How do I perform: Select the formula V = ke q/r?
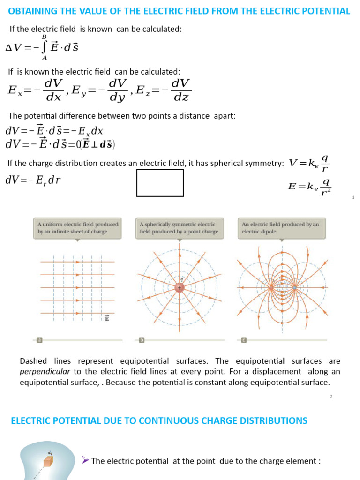(x=310, y=164)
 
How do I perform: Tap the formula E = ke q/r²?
(x=310, y=187)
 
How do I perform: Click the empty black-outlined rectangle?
(x=160, y=183)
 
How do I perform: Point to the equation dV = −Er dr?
(x=33, y=180)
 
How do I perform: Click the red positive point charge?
(x=180, y=287)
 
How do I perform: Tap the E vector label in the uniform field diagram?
(x=107, y=318)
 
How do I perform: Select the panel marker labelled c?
(x=244, y=340)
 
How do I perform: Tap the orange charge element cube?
(x=49, y=462)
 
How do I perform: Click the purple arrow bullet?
(x=85, y=460)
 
